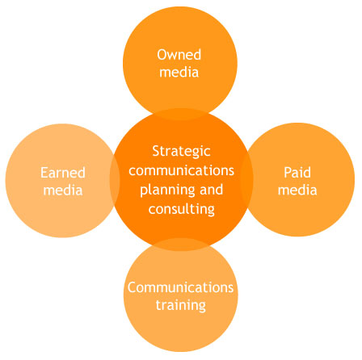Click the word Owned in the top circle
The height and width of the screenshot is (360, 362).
(x=179, y=55)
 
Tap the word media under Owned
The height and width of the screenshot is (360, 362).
(x=179, y=72)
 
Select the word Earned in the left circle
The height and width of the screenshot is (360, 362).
(x=63, y=173)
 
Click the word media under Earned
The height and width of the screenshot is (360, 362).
(x=63, y=190)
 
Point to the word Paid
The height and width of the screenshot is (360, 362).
(x=297, y=172)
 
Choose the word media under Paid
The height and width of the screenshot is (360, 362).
(x=297, y=190)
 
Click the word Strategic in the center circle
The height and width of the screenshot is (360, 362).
(x=181, y=152)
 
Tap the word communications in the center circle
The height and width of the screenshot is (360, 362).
(x=181, y=170)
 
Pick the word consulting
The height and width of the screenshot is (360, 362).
(x=182, y=210)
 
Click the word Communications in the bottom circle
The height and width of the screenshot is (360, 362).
(x=180, y=287)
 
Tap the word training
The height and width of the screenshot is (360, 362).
(x=181, y=305)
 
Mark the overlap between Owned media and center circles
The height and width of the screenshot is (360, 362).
(x=180, y=114)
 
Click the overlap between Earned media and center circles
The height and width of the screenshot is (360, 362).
(x=115, y=180)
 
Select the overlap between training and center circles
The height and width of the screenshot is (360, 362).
(x=180, y=245)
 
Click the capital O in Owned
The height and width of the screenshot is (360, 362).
(x=162, y=55)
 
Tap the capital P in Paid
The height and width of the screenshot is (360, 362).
(x=288, y=172)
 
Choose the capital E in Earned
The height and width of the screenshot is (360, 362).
(x=44, y=173)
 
